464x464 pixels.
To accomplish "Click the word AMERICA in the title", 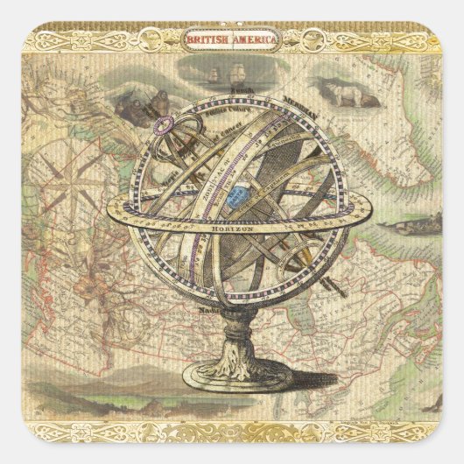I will pos(256,39).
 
